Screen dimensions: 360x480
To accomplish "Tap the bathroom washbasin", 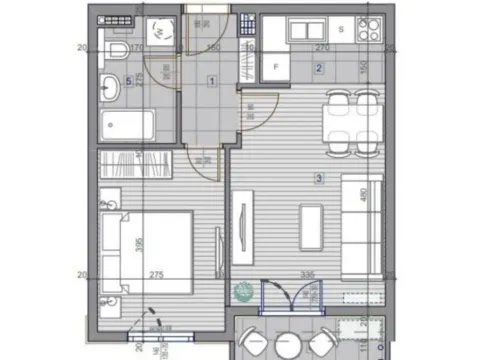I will pyautogui.click(x=112, y=89).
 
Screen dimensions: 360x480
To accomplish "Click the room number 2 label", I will pyautogui.click(x=319, y=68).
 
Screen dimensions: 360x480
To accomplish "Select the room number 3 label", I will pyautogui.click(x=319, y=179).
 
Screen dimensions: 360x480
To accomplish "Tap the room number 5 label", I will pyautogui.click(x=129, y=80).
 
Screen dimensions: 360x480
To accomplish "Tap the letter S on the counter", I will pyautogui.click(x=340, y=29).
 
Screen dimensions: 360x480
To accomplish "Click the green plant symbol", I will pyautogui.click(x=241, y=292).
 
